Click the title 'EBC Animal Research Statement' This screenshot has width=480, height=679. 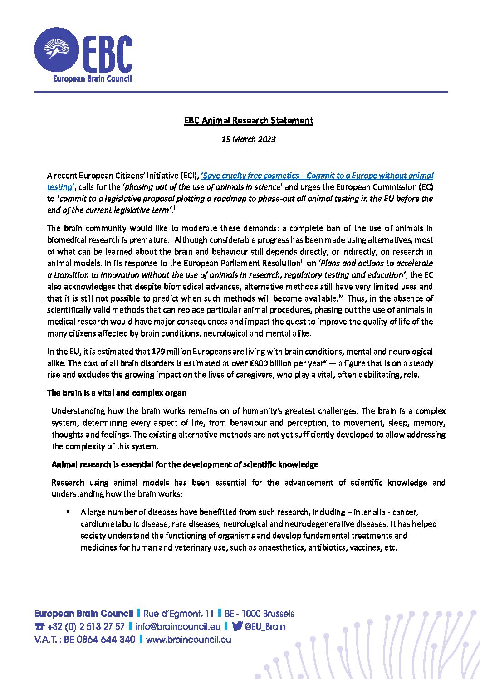[x=249, y=121]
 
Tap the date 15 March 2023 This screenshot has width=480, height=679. [x=248, y=139]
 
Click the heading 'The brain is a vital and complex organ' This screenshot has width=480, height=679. [x=117, y=393]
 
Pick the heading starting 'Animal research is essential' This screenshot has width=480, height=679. [x=185, y=464]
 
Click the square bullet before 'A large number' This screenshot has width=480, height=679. [x=68, y=512]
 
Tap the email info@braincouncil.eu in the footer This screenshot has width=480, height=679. [x=178, y=627]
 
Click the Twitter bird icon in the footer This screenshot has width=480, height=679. [x=237, y=627]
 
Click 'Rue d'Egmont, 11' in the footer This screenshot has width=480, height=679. [x=178, y=614]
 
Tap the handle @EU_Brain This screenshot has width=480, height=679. [x=265, y=627]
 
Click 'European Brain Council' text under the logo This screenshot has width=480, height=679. [x=93, y=79]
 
